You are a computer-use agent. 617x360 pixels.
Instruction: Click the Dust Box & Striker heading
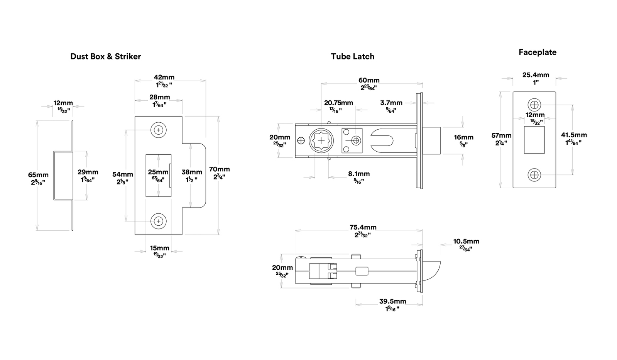(105, 56)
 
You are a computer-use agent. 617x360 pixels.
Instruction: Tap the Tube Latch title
(353, 56)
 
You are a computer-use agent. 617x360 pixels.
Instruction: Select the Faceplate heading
(538, 52)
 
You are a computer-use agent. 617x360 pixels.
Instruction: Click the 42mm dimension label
(164, 77)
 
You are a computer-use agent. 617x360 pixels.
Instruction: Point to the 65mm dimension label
(38, 175)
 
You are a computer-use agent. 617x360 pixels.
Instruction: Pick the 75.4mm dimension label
(363, 227)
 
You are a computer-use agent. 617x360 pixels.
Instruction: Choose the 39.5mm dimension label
(393, 301)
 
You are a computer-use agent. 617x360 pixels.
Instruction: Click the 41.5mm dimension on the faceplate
(574, 135)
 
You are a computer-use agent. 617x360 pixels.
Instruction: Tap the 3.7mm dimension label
(391, 103)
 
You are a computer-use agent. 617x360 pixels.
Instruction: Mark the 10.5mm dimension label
(467, 241)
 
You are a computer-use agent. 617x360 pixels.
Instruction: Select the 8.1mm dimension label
(359, 174)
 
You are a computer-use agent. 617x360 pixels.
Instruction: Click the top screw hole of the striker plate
(158, 130)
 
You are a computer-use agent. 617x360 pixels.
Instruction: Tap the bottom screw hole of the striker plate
(158, 221)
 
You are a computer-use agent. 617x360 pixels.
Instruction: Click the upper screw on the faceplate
(534, 105)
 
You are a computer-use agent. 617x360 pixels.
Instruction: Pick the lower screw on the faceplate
(534, 175)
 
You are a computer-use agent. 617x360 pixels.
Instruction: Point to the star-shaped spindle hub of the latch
(321, 141)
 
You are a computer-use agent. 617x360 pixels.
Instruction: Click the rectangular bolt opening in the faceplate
(534, 140)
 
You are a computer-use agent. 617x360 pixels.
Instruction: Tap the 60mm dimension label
(369, 80)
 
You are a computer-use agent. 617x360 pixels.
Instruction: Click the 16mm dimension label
(463, 137)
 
